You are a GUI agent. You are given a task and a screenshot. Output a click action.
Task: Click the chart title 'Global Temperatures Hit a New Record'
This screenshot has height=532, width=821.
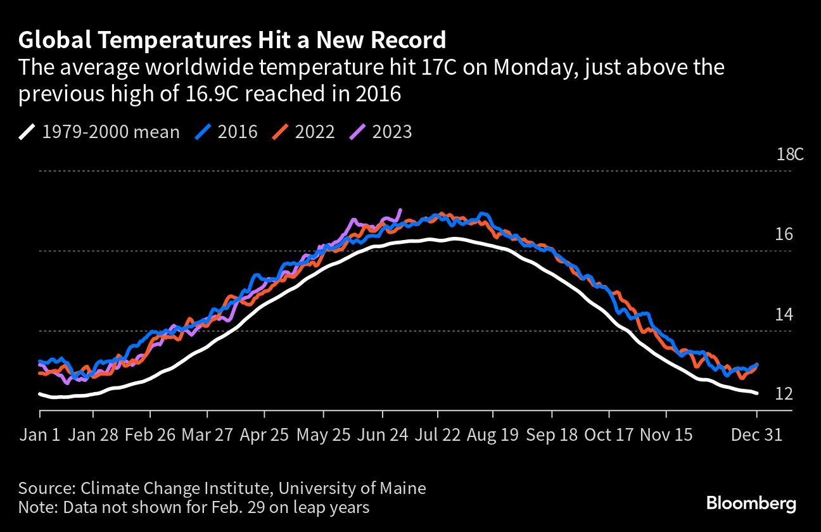click(232, 40)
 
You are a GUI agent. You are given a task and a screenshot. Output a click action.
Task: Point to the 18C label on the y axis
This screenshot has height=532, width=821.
click(789, 155)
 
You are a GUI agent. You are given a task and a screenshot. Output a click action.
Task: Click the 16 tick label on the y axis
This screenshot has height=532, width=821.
click(784, 234)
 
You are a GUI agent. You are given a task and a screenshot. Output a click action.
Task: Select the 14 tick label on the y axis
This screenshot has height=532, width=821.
click(784, 314)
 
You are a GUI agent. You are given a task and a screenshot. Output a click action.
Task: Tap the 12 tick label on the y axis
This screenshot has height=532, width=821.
click(784, 394)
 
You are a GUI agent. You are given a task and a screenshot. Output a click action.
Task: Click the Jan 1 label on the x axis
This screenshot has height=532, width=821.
click(41, 436)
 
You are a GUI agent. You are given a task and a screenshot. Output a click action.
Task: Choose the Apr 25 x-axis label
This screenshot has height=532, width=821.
click(265, 436)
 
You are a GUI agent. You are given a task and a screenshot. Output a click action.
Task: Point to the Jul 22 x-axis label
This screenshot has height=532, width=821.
click(436, 436)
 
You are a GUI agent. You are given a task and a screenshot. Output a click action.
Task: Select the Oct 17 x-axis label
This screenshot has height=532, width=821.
click(609, 436)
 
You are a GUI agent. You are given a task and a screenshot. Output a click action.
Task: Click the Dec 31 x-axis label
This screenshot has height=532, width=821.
click(756, 436)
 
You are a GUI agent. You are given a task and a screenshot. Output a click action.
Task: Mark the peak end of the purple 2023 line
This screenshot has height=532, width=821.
click(400, 210)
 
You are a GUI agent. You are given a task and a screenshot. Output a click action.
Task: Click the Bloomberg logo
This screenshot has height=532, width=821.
click(751, 504)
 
